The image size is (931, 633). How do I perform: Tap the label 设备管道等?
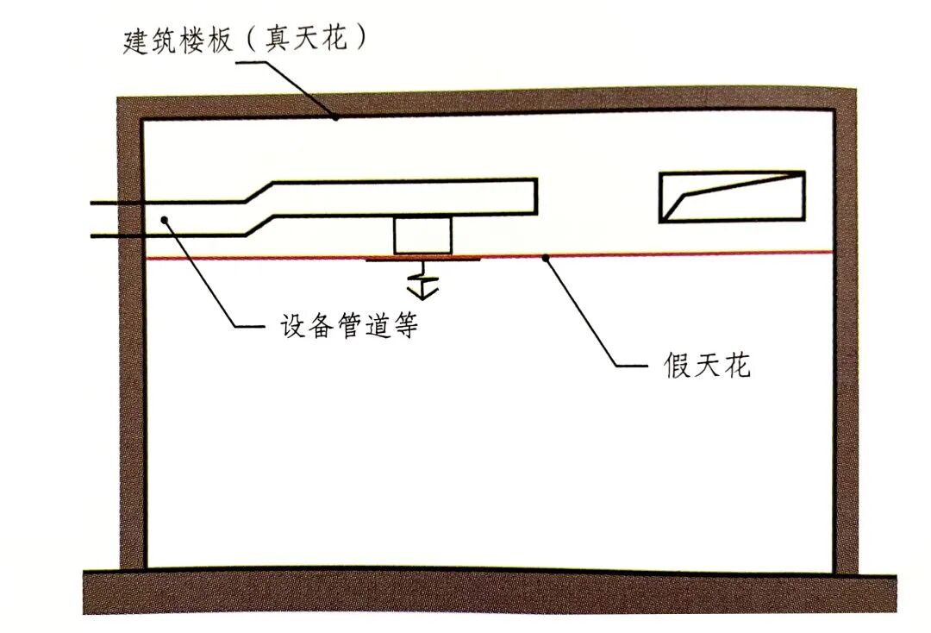pos(349,327)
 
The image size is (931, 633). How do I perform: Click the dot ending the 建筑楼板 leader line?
pos(337,117)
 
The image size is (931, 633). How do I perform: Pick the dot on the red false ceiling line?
pos(544,255)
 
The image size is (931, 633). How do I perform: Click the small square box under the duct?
pos(422,235)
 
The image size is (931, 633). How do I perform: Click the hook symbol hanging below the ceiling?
pos(422,280)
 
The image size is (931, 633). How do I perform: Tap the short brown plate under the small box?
pos(422,258)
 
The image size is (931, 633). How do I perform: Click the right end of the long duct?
pos(534,196)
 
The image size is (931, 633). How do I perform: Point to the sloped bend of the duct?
pos(259,210)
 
